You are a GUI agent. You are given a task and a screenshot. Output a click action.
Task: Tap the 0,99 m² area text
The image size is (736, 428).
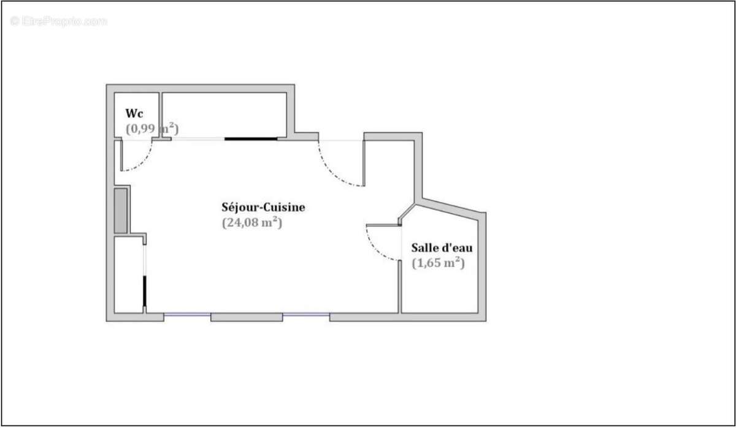tap(151, 129)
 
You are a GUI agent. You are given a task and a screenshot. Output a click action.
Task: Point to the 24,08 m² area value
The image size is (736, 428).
tap(251, 224)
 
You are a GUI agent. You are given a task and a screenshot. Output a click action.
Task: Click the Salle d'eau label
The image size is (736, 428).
tap(442, 248)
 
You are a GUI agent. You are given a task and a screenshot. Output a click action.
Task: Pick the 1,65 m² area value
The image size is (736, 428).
tap(438, 263)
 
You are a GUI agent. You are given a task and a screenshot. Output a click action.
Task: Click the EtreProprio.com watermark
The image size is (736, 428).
tap(59, 21)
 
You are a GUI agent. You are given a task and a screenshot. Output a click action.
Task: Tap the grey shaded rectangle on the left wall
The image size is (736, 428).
tap(121, 211)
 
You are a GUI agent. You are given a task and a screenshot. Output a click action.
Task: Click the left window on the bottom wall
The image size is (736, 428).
tap(187, 316)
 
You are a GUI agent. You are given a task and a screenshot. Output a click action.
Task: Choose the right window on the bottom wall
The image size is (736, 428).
tap(306, 316)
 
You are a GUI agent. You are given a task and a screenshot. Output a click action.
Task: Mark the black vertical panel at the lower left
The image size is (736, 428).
tap(145, 291)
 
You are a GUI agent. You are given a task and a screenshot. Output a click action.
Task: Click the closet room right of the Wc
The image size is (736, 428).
tap(224, 114)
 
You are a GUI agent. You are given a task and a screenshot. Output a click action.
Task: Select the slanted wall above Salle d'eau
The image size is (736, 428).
tap(451, 206)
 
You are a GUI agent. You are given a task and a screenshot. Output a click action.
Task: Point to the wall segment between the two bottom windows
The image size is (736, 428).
tap(247, 317)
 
